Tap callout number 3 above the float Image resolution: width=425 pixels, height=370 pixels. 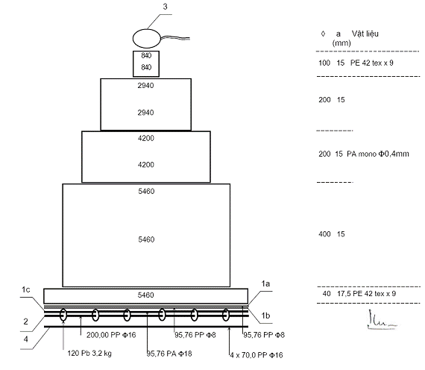point(165,7)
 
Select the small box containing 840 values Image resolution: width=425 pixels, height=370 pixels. point(146,63)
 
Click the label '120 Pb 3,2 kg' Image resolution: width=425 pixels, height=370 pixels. point(89,353)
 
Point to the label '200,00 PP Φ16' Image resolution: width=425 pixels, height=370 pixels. point(111,335)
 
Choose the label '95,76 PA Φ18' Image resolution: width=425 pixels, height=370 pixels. point(169,354)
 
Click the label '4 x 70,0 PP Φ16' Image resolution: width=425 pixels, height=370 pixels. point(256,355)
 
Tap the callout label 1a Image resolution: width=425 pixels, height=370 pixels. point(265,283)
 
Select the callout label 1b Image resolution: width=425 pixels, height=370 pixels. point(265,316)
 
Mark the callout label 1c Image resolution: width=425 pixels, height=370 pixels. point(26,289)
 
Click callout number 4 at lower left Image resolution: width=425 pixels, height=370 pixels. point(26,339)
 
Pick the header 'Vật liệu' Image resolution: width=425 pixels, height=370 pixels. point(365,34)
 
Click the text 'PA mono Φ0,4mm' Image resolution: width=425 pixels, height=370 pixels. point(378,154)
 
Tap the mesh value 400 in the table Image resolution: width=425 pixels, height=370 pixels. point(324,233)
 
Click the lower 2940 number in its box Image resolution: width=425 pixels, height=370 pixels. point(145,113)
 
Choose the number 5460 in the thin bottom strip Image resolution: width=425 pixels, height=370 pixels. point(146,295)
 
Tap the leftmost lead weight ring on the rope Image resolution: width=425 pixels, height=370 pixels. point(63,315)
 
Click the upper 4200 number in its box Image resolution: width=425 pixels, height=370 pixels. point(146,138)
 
